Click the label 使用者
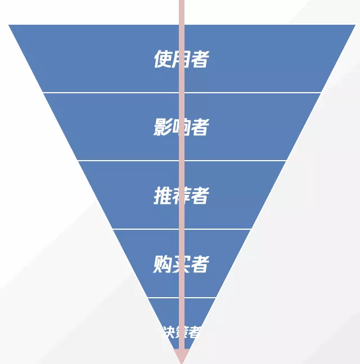pyautogui.click(x=181, y=59)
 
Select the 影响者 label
pyautogui.click(x=181, y=128)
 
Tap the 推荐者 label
pyautogui.click(x=181, y=196)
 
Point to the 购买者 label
pyautogui.click(x=181, y=264)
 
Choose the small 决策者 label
pyautogui.click(x=181, y=332)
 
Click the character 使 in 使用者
pyautogui.click(x=162, y=59)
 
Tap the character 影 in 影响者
pyautogui.click(x=162, y=128)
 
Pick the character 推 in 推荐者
pyautogui.click(x=162, y=196)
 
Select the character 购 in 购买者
pyautogui.click(x=162, y=264)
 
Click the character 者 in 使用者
pyautogui.click(x=200, y=59)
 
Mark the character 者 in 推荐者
pyautogui.click(x=200, y=196)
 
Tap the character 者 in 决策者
pyautogui.click(x=194, y=332)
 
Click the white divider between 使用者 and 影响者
pyautogui.click(x=112, y=92)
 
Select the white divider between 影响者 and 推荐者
pyautogui.click(x=129, y=161)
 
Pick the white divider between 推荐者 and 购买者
pyautogui.click(x=146, y=229)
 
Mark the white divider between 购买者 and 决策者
pyautogui.click(x=163, y=298)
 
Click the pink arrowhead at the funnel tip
pyautogui.click(x=181, y=356)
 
